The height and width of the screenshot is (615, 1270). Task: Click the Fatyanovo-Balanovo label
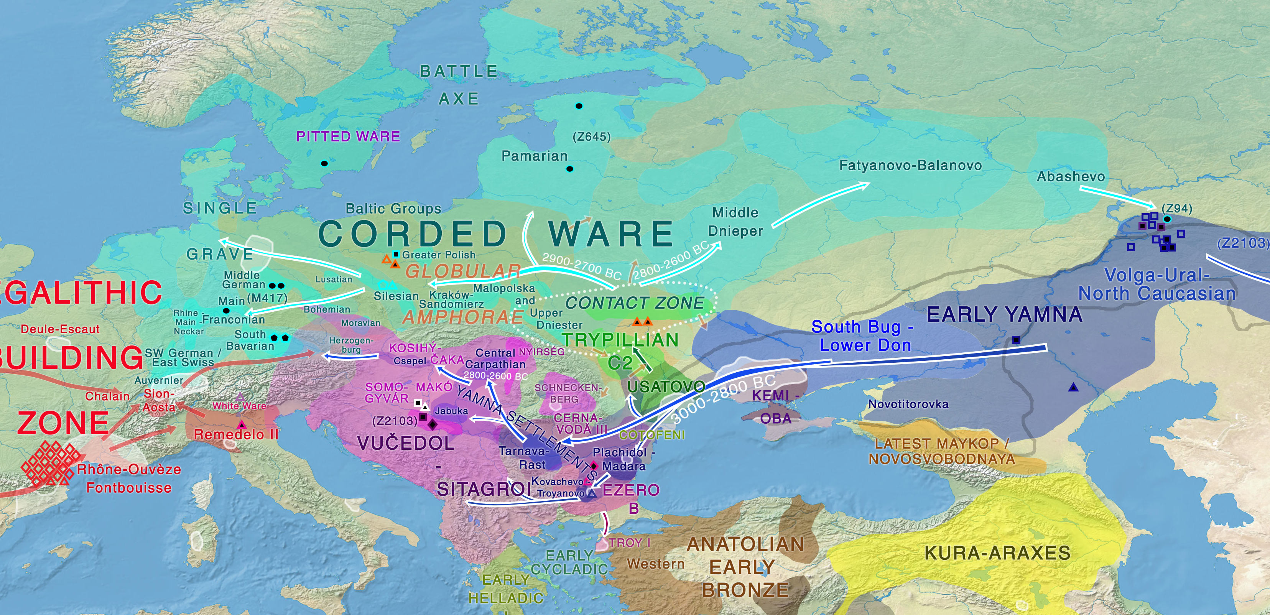(910, 165)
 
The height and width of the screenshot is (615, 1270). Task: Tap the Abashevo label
(1070, 176)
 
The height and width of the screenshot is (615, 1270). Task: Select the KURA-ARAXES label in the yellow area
(997, 553)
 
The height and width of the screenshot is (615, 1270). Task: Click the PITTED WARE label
(347, 136)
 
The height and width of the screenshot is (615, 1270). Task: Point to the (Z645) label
(591, 136)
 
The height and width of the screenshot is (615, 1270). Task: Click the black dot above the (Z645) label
(579, 106)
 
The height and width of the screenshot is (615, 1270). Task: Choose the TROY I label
(630, 543)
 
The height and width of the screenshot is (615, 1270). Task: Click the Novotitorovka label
(908, 404)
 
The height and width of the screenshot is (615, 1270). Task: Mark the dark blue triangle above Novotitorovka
(1073, 387)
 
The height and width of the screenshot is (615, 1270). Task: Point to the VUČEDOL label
(406, 443)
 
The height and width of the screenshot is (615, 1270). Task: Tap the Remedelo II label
(236, 434)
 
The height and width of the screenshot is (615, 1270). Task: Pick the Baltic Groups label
(393, 209)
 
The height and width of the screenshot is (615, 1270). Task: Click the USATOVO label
(666, 386)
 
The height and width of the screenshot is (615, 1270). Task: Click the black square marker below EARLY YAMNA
(1016, 340)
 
